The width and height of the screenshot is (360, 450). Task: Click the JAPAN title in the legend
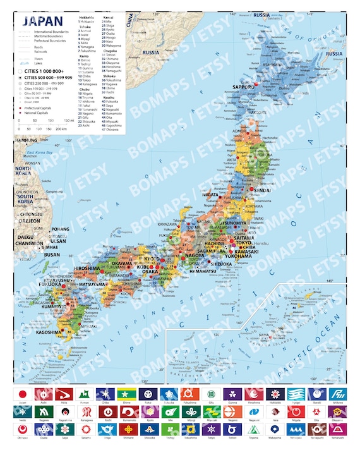coord(42,20)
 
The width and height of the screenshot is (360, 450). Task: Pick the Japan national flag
coord(22,394)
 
